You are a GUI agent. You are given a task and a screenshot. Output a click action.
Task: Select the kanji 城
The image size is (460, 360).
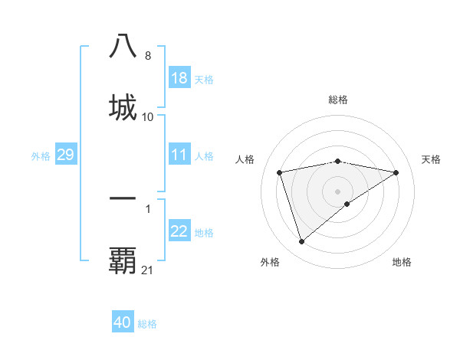pos(123,106)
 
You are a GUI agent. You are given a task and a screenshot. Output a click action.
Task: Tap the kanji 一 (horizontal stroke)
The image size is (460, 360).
pos(123,198)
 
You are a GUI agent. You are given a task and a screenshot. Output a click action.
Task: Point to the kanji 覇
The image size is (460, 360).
pos(123,260)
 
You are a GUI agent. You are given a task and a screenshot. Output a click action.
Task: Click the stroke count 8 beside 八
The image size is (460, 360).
pos(147,56)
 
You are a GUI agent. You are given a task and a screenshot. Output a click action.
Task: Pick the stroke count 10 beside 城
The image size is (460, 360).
pos(148,117)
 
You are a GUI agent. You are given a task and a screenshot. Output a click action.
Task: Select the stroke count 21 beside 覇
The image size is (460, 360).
pos(148,270)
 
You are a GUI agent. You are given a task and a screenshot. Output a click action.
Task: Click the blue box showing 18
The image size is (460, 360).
pos(179,78)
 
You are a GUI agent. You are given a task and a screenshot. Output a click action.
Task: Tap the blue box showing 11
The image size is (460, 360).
pos(179,155)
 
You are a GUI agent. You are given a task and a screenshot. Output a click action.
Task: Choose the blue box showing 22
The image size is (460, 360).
pos(179,231)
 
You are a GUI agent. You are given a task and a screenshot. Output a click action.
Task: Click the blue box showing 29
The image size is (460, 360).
pos(65,155)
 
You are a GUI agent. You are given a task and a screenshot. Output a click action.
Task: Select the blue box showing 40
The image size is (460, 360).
pos(123,322)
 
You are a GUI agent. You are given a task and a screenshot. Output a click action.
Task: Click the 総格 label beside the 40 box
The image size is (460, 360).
pos(147,324)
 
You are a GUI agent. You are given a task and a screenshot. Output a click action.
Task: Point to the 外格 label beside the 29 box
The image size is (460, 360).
pos(41,156)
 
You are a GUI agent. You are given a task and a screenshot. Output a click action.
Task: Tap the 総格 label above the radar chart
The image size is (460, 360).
pos(338,100)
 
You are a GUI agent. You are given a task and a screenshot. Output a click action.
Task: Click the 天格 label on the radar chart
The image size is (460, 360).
pos(431,159)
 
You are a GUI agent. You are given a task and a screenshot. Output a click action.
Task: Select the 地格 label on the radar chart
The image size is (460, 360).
pos(402,262)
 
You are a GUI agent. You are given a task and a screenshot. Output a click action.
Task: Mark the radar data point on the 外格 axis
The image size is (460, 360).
pos(301,242)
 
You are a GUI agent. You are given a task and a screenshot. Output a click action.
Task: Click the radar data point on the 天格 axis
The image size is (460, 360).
pos(396,172)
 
